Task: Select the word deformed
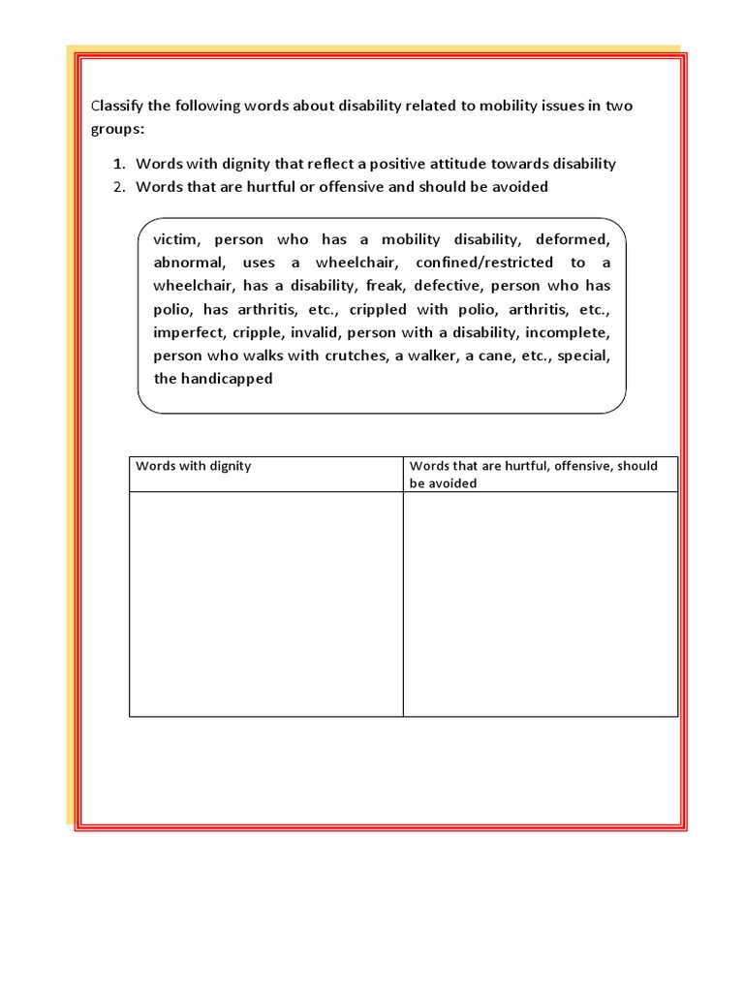pyautogui.click(x=576, y=239)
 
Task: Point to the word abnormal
pyautogui.click(x=188, y=263)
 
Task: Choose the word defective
pyautogui.click(x=452, y=286)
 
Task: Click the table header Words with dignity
pyautogui.click(x=194, y=466)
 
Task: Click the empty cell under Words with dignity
pyautogui.click(x=265, y=604)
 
